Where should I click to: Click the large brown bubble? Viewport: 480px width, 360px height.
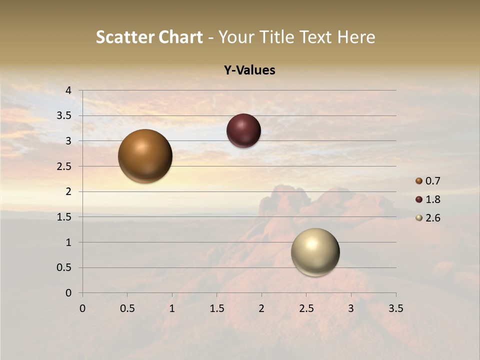(145, 156)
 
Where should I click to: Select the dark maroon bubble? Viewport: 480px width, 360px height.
(243, 130)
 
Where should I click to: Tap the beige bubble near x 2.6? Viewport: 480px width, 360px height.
(315, 252)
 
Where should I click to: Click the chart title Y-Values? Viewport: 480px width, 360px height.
(249, 70)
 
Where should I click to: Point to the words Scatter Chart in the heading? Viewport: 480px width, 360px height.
(149, 37)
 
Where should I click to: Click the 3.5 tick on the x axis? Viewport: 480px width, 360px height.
(395, 308)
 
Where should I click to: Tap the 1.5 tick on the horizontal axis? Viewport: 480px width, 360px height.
(216, 308)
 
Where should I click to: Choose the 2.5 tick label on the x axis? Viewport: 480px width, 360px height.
(306, 308)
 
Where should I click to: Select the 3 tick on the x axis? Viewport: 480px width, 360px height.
(351, 308)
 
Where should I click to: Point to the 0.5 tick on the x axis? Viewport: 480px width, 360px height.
(127, 308)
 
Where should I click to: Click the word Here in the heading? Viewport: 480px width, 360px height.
(355, 37)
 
